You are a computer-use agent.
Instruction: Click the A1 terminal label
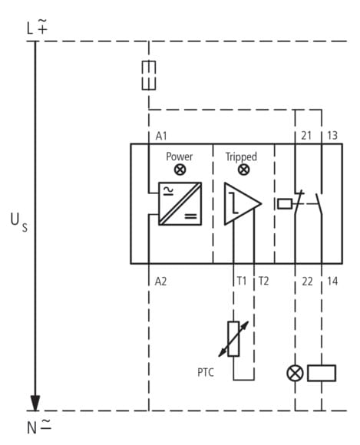click(161, 137)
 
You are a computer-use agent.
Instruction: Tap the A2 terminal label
click(160, 282)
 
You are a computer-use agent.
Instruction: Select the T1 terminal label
click(242, 281)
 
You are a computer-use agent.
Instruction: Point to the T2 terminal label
click(263, 281)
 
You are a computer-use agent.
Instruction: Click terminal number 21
click(306, 136)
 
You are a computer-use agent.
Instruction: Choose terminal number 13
click(332, 136)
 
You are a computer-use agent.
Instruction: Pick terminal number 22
click(307, 282)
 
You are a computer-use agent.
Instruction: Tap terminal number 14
click(332, 282)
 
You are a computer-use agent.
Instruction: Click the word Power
click(179, 157)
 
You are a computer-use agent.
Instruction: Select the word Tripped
click(241, 157)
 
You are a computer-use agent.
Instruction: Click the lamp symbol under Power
click(180, 170)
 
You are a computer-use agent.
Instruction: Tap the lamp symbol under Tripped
click(243, 170)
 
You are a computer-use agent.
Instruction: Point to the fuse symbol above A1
click(149, 75)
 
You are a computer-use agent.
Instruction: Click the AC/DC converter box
click(180, 203)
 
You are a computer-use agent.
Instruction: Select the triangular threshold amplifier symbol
click(243, 203)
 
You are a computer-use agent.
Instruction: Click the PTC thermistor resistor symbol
click(233, 339)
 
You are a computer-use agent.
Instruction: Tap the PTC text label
click(206, 372)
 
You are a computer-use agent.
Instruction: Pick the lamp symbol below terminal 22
click(296, 373)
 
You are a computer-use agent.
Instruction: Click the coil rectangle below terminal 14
click(322, 373)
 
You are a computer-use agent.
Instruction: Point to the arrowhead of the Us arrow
click(35, 403)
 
